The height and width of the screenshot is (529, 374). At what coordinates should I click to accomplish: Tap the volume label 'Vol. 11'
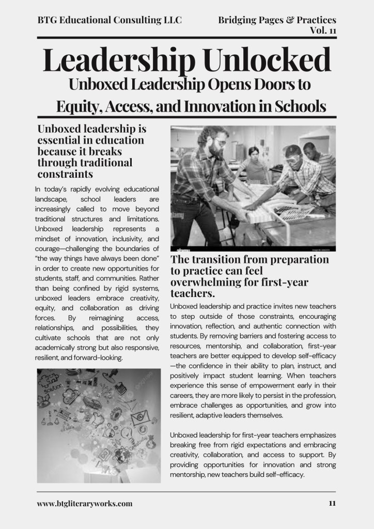323,30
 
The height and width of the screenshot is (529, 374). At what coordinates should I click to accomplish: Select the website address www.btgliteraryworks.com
85,503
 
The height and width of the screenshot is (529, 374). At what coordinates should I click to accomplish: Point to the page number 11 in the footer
332,503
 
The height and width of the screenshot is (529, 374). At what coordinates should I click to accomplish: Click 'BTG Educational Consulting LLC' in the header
110,20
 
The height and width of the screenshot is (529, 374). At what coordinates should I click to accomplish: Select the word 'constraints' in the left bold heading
65,174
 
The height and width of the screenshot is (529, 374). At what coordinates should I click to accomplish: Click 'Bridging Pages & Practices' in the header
277,20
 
